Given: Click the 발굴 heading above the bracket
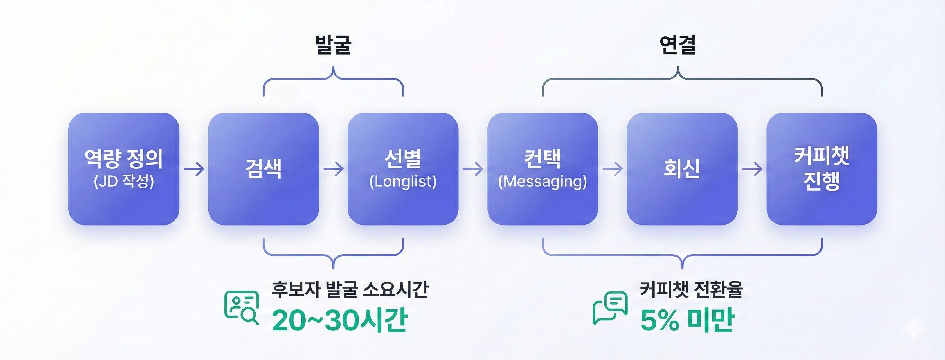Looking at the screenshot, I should point(333,45).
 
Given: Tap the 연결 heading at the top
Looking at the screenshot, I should point(677,45).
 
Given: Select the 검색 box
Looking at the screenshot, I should point(264,169).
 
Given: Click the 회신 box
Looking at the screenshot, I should point(682,169).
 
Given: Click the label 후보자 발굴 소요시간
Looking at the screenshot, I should point(350,289).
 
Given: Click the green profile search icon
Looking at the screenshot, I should point(241,307).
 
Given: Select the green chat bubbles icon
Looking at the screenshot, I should point(610,307).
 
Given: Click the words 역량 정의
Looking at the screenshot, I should point(124,159).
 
